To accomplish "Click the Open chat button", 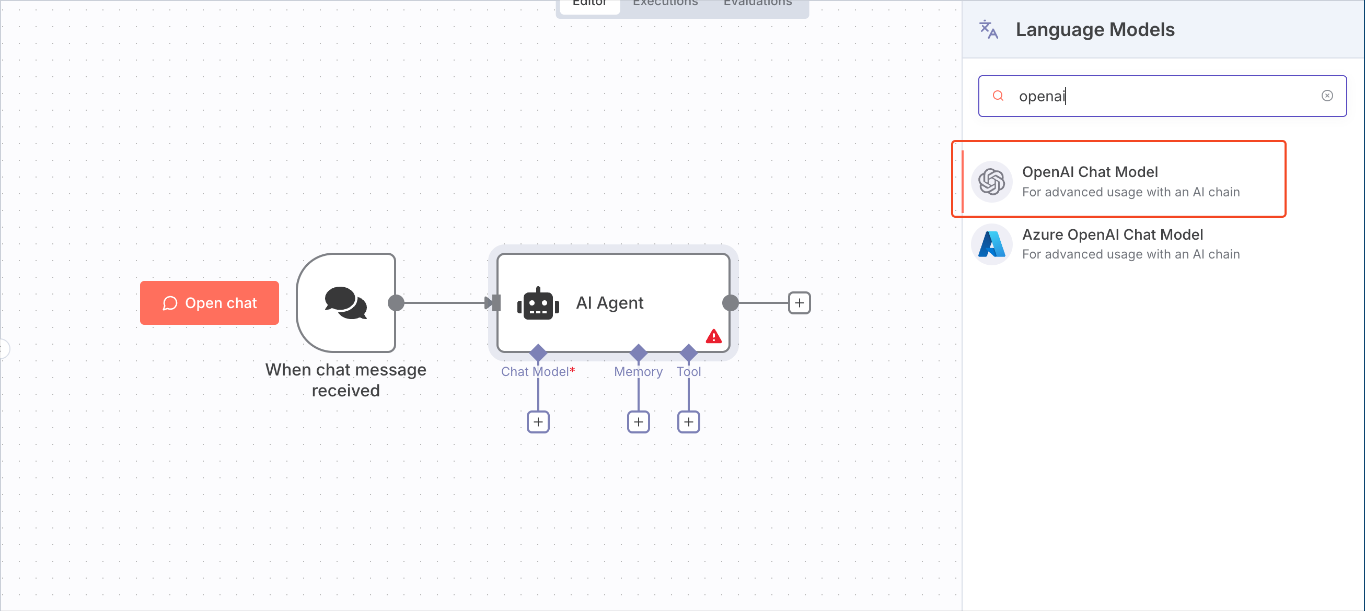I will click(210, 303).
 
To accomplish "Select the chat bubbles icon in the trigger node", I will click(345, 303).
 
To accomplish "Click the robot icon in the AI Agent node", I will click(538, 304).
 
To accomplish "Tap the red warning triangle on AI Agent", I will click(713, 337).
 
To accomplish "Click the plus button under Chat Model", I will click(538, 422).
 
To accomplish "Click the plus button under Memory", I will click(638, 422).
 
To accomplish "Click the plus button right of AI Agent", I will click(799, 303).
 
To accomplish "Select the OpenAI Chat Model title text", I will click(1090, 172).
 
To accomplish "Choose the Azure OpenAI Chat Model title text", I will click(1112, 234).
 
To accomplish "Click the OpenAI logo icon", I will click(991, 182).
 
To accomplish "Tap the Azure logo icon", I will click(991, 244).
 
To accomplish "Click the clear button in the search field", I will click(1327, 96).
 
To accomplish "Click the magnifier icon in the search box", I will click(998, 96).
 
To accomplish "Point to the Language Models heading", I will click(1095, 30).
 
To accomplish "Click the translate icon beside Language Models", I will click(988, 30).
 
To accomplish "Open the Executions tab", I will click(665, 4).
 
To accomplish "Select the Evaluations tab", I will click(757, 4).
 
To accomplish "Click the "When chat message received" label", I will click(345, 380).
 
